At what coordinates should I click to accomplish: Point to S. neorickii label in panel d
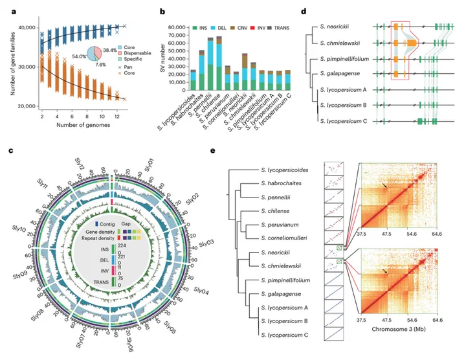[x=339, y=27]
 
